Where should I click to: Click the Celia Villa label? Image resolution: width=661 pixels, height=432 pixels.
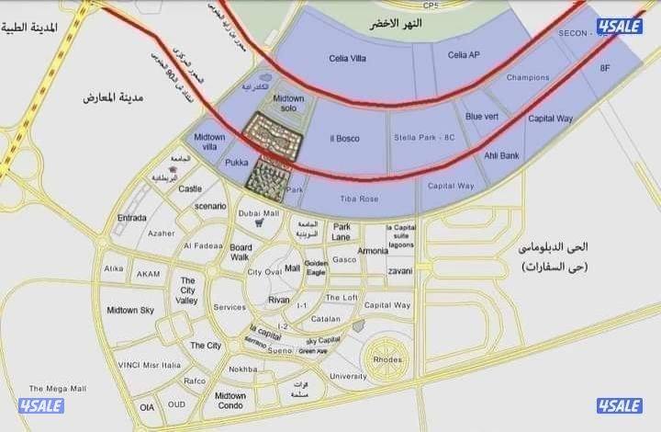click(x=348, y=58)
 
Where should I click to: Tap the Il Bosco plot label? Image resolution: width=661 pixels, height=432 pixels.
click(x=344, y=139)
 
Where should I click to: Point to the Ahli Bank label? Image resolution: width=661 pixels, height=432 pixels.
click(x=501, y=155)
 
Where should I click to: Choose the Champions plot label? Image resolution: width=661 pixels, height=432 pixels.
click(x=528, y=77)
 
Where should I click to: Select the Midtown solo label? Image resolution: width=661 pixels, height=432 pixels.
click(x=288, y=104)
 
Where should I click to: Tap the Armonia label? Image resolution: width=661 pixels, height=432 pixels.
click(x=373, y=251)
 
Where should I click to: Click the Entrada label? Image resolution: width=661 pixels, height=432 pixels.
click(x=132, y=218)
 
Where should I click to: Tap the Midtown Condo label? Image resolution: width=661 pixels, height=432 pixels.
click(x=230, y=400)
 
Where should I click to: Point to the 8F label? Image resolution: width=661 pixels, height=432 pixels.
click(x=605, y=68)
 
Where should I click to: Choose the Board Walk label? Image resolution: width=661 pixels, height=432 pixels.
click(x=241, y=253)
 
